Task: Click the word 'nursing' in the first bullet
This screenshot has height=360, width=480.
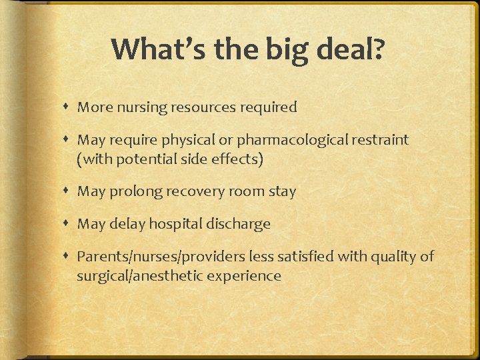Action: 142,107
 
